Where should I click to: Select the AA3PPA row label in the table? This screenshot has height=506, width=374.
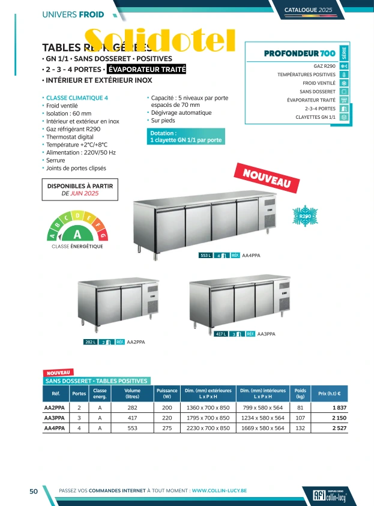point(55,418)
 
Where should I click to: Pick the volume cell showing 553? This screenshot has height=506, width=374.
point(132,428)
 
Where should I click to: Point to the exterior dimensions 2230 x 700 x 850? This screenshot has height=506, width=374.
point(208,428)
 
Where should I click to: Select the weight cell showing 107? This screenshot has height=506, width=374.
point(300,418)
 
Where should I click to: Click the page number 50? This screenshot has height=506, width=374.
point(34,491)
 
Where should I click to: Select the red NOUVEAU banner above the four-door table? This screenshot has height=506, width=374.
point(270,178)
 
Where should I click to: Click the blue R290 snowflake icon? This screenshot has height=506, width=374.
point(305,216)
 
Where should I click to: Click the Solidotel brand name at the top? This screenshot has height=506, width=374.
point(159,40)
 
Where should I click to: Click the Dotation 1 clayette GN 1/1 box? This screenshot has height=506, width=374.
point(186,137)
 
